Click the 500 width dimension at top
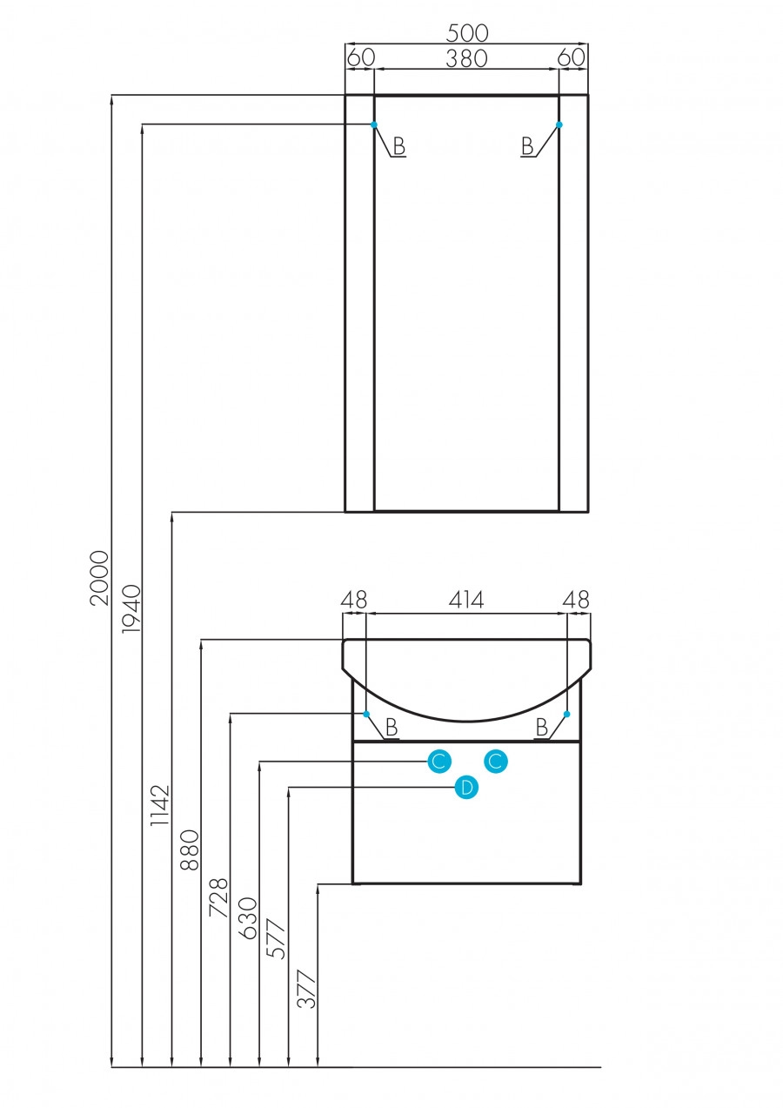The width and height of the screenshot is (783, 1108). pos(467,33)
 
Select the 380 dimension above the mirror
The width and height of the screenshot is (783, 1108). pos(467,58)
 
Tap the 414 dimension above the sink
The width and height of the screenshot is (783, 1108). pos(465,600)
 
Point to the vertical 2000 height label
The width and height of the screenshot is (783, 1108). pos(99,578)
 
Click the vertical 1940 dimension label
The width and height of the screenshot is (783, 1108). pos(130,609)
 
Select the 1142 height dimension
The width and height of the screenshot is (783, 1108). pos(160,805)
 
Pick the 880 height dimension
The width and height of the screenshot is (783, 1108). pos(190,849)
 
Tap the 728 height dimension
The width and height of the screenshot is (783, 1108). pos(218,896)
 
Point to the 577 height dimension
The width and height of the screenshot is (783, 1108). pos(277,938)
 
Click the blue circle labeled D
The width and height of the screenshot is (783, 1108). pos(466,788)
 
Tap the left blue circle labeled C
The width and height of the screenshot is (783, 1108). pos(439,762)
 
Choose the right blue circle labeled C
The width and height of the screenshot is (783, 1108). pos(496,762)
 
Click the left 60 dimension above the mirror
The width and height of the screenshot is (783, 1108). pos(360,58)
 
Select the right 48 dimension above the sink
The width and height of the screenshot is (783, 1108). pos(576,600)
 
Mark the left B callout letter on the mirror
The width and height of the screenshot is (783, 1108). pos(398,146)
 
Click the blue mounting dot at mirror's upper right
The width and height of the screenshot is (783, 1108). pos(559,124)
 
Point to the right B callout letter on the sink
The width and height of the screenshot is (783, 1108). pos(542,727)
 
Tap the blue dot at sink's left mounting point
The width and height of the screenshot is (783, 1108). pos(366,714)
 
